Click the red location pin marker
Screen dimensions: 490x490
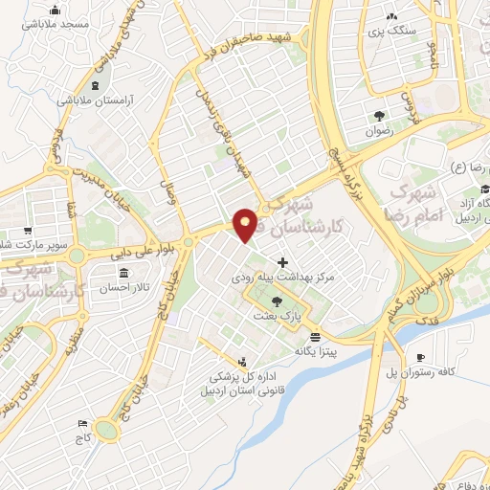(x=246, y=224)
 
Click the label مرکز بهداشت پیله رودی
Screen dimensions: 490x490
(x=282, y=277)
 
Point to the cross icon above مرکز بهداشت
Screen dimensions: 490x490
(x=282, y=262)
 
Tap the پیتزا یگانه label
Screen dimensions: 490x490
(x=316, y=352)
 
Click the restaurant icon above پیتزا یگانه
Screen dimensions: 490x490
(x=316, y=337)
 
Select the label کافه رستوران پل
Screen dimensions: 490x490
(x=420, y=372)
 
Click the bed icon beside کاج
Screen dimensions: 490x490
(x=82, y=422)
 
